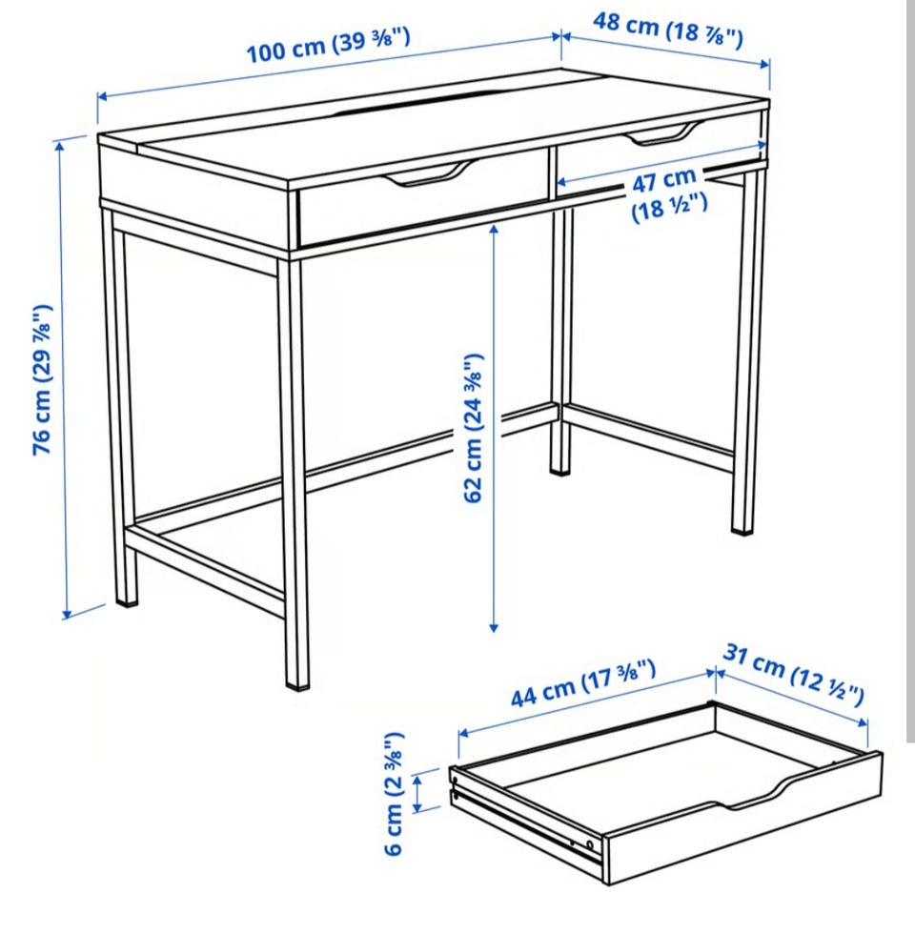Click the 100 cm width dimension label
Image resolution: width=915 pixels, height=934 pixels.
point(328,46)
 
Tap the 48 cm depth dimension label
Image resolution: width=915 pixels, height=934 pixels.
point(668,30)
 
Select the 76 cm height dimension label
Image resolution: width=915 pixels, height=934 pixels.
point(42,380)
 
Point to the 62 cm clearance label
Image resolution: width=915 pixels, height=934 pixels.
point(474,428)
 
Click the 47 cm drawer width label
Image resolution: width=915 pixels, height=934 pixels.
point(669,193)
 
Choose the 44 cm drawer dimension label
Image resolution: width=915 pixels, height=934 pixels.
point(583,683)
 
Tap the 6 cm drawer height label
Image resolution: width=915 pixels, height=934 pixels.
point(395,793)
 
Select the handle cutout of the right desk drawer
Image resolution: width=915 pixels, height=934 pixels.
point(662,134)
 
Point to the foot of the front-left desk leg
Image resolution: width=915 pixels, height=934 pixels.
point(127,602)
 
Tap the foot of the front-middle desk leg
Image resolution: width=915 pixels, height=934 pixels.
point(297,684)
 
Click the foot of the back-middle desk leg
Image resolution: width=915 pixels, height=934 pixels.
point(560,470)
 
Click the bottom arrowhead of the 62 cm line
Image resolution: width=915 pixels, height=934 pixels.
point(494,626)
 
